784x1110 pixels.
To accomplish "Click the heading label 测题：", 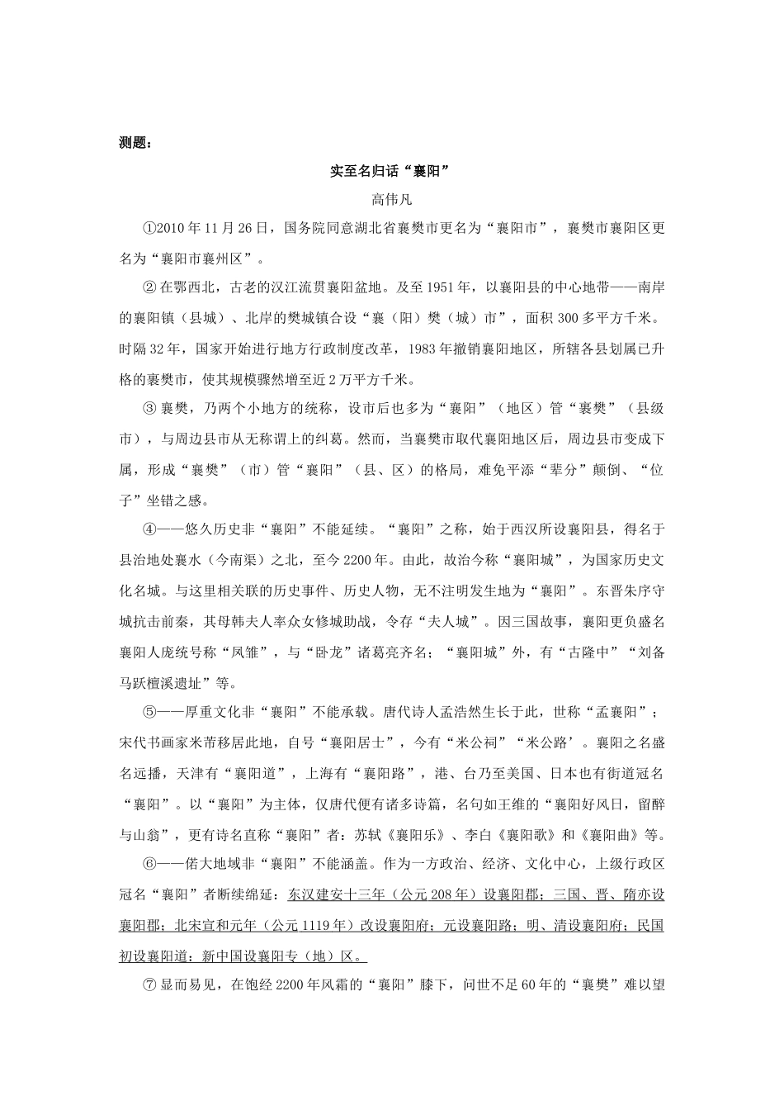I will click(x=135, y=142).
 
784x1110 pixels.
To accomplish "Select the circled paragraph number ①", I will click(x=149, y=228).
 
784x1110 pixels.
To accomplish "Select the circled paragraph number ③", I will click(x=149, y=409).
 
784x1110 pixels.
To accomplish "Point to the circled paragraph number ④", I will click(x=149, y=530).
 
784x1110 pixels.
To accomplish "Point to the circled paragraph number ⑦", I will click(x=149, y=986).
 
